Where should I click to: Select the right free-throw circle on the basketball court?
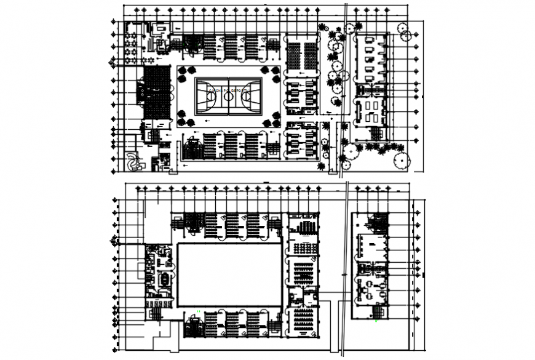tap(247, 96)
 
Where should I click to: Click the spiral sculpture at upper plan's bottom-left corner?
tap(132, 162)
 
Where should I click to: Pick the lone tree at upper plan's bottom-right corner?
tap(400, 160)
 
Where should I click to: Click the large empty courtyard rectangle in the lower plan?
tap(229, 274)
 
